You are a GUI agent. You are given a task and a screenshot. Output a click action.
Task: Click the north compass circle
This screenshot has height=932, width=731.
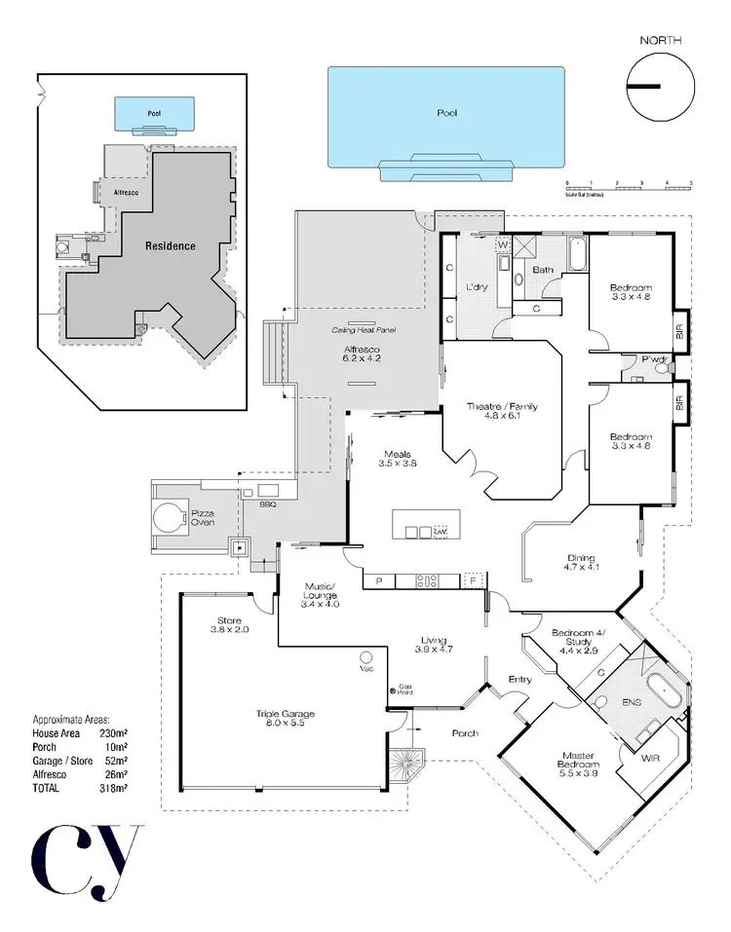coord(658,86)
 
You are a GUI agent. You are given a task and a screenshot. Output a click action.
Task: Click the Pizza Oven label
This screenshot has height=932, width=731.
coord(203,516)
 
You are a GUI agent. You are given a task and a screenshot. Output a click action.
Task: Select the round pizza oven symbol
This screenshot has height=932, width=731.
coord(172,515)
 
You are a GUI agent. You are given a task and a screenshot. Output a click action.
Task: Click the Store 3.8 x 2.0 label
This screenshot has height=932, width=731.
coord(229,624)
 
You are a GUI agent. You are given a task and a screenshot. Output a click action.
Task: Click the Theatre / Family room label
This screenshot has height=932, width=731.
coord(503,412)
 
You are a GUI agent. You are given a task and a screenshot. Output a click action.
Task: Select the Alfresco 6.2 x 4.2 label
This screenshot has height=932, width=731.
coord(361,354)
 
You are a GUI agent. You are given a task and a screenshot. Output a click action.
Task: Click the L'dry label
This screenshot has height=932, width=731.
coord(477,287)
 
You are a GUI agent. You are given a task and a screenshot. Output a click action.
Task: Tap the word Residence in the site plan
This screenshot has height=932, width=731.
coord(171,245)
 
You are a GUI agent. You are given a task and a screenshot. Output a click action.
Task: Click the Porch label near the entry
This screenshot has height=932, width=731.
coord(465,732)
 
